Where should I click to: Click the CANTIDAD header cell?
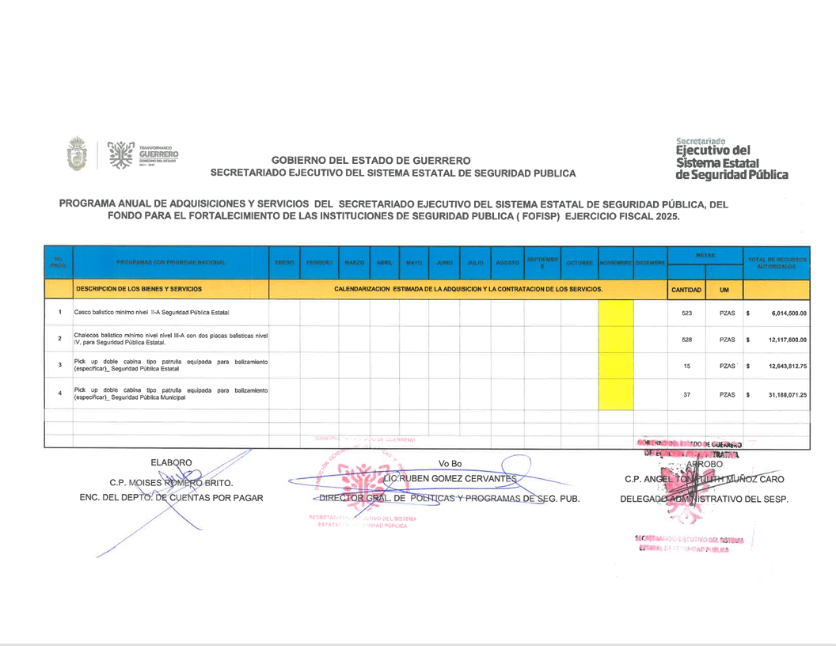click(686, 290)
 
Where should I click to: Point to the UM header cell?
click(724, 290)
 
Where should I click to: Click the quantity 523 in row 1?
click(686, 313)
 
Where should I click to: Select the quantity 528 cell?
click(686, 340)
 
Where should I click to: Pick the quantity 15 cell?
click(686, 366)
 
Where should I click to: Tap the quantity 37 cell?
click(686, 394)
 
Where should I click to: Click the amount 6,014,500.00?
click(787, 313)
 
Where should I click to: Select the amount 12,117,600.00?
click(787, 340)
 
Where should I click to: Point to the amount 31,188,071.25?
click(787, 394)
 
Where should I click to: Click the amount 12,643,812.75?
click(787, 366)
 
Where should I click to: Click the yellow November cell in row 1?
click(616, 313)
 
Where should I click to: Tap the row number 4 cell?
click(59, 394)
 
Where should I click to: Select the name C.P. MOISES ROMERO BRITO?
click(171, 481)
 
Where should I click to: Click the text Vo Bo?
click(450, 463)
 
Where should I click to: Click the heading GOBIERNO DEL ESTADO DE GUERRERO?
click(370, 160)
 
